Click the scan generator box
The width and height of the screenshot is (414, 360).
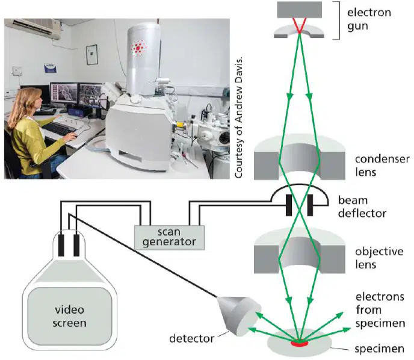[169, 237]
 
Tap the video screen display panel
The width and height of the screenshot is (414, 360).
[70, 316]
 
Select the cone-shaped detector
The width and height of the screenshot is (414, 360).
[239, 314]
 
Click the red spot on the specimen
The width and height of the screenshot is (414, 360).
[300, 343]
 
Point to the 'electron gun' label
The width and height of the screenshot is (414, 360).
[369, 19]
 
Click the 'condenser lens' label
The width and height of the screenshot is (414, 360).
[382, 166]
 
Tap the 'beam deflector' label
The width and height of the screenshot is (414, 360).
[362, 207]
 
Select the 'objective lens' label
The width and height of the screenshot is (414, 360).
[379, 258]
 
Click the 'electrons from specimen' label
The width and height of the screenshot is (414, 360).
[380, 310]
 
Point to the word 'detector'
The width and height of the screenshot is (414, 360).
[192, 338]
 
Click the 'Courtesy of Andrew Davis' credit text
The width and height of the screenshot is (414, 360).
[238, 117]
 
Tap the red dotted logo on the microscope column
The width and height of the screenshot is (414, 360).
[138, 48]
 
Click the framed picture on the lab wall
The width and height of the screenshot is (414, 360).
[92, 55]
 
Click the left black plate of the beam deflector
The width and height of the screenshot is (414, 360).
[289, 205]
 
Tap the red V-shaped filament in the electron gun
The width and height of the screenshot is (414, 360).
[300, 25]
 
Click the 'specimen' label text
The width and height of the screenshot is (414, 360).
[379, 349]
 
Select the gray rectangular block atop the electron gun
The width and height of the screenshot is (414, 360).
[300, 10]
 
